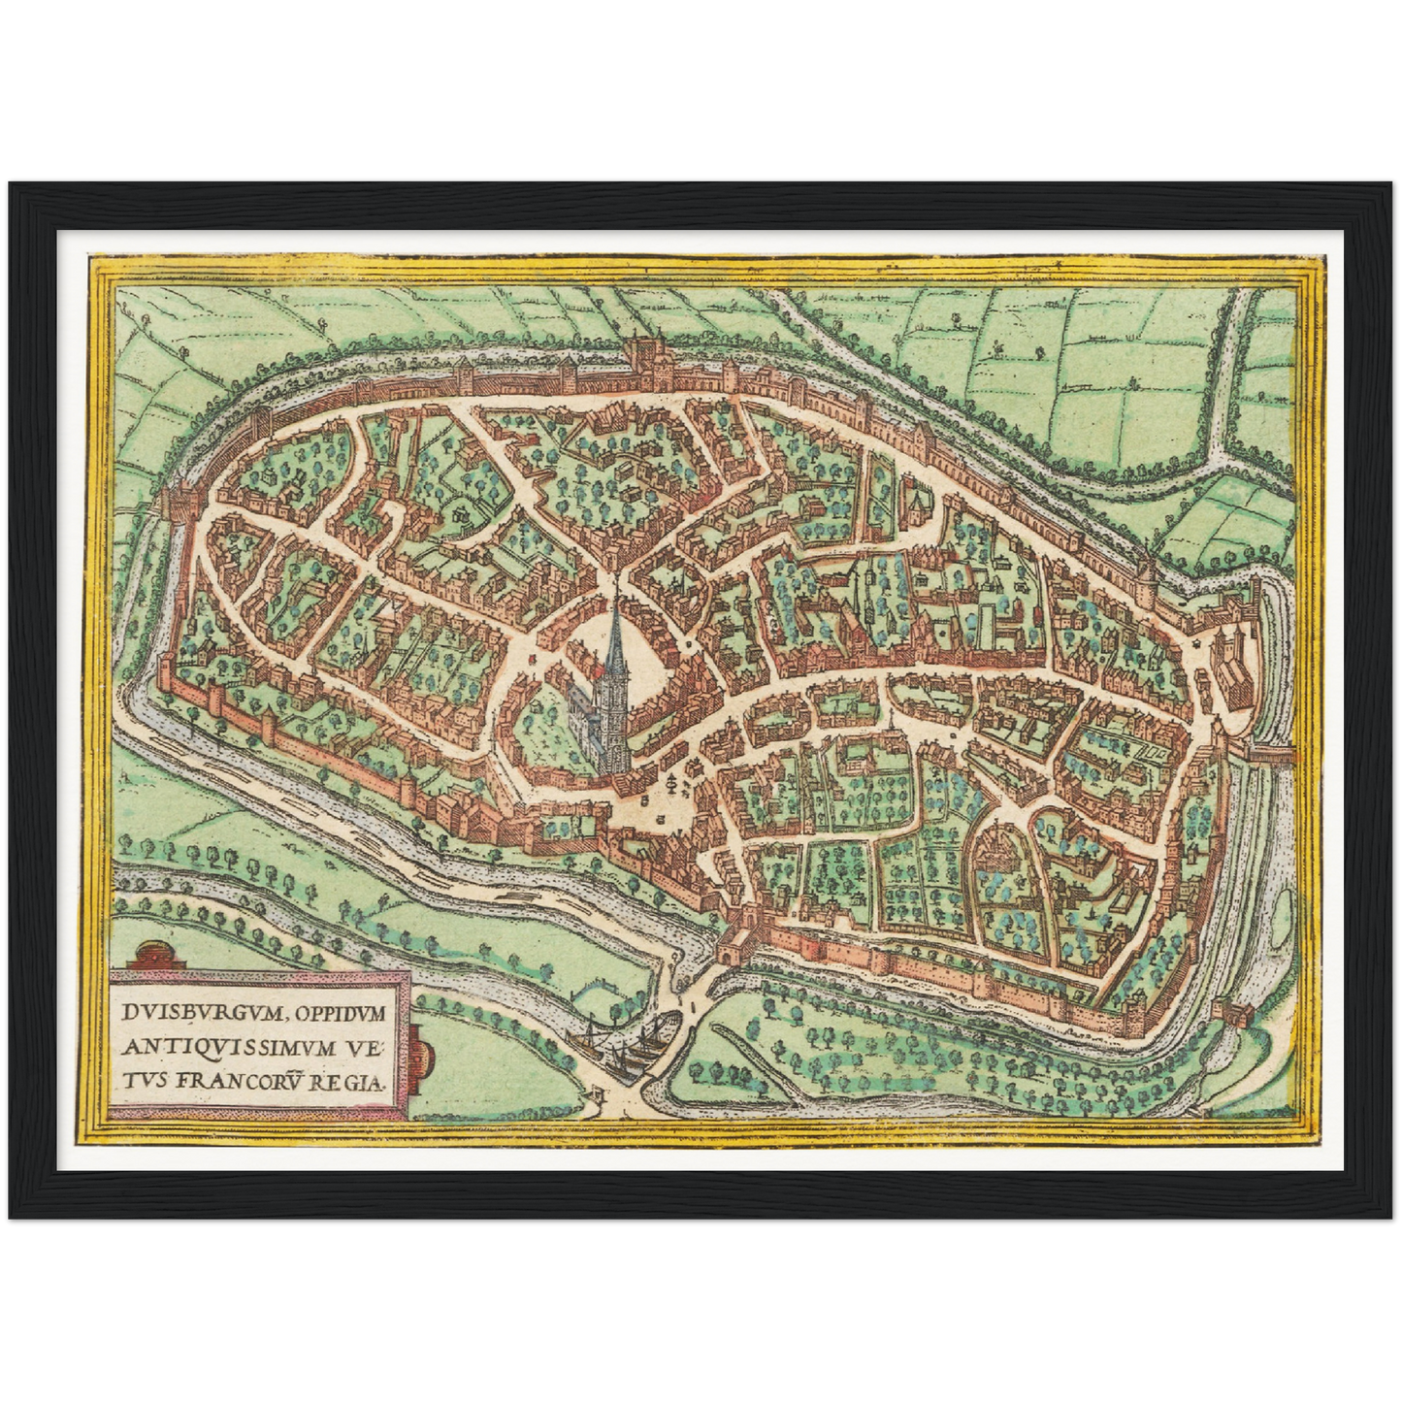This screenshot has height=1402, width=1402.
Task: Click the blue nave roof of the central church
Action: coord(588,723)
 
